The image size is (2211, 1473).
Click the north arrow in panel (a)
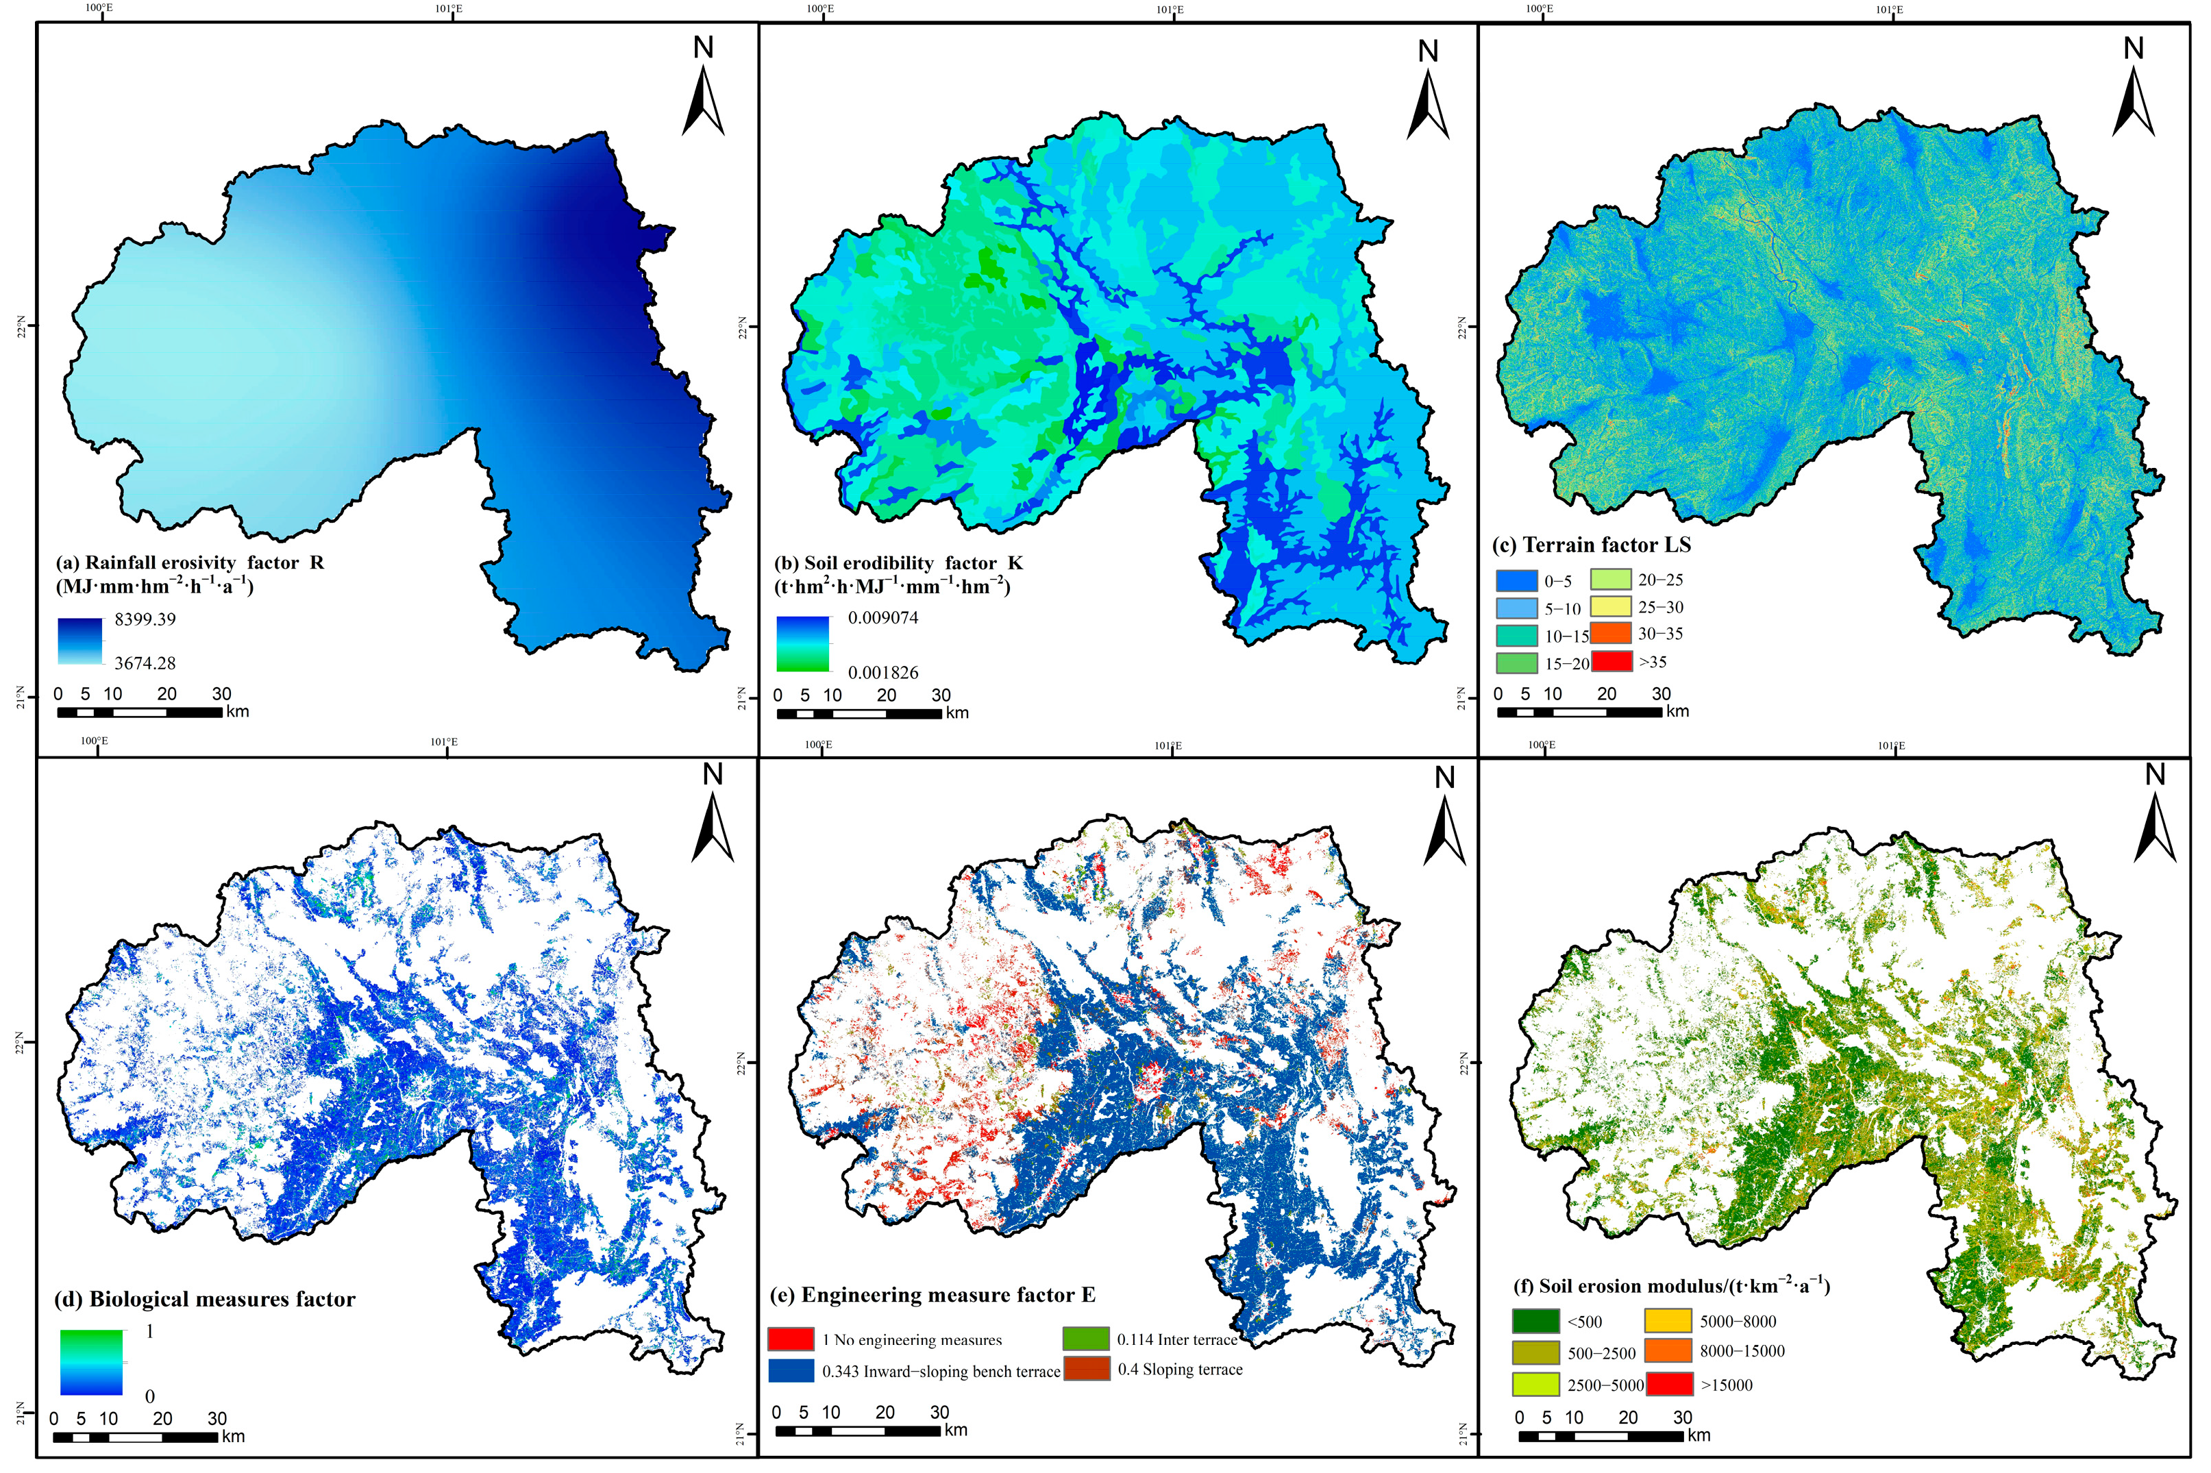click(x=702, y=89)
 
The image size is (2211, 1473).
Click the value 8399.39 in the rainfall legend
click(x=145, y=619)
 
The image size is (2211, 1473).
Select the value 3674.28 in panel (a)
click(x=145, y=663)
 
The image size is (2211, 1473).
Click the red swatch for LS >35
click(x=1611, y=661)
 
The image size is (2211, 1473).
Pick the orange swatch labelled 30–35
click(x=1611, y=633)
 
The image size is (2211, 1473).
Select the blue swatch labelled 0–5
click(x=1516, y=580)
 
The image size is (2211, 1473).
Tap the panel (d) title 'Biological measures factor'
click(x=205, y=1299)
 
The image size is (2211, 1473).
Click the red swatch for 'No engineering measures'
click(x=790, y=1339)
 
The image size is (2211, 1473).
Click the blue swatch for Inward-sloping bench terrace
click(x=790, y=1371)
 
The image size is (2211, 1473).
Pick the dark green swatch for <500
click(x=1535, y=1321)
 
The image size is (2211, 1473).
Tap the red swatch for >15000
click(x=1668, y=1384)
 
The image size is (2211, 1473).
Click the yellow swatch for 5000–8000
click(x=1668, y=1321)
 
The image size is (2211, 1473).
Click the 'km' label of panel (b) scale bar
click(x=957, y=713)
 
